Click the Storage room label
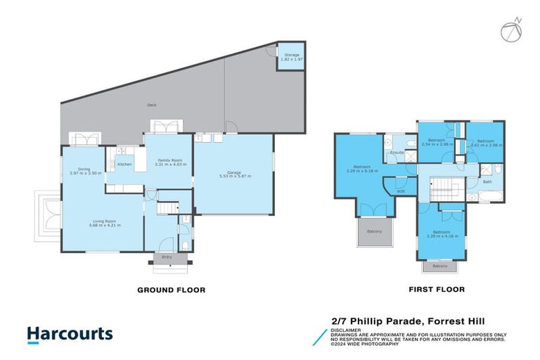coord(291,57)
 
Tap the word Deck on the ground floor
coord(151,105)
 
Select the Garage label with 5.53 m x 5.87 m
coord(235,174)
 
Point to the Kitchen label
coord(124,165)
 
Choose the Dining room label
coord(84,170)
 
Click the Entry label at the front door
coord(167,257)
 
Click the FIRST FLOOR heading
coord(436,289)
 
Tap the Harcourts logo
coord(69,334)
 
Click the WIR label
coord(400,191)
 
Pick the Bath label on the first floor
coord(488,182)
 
